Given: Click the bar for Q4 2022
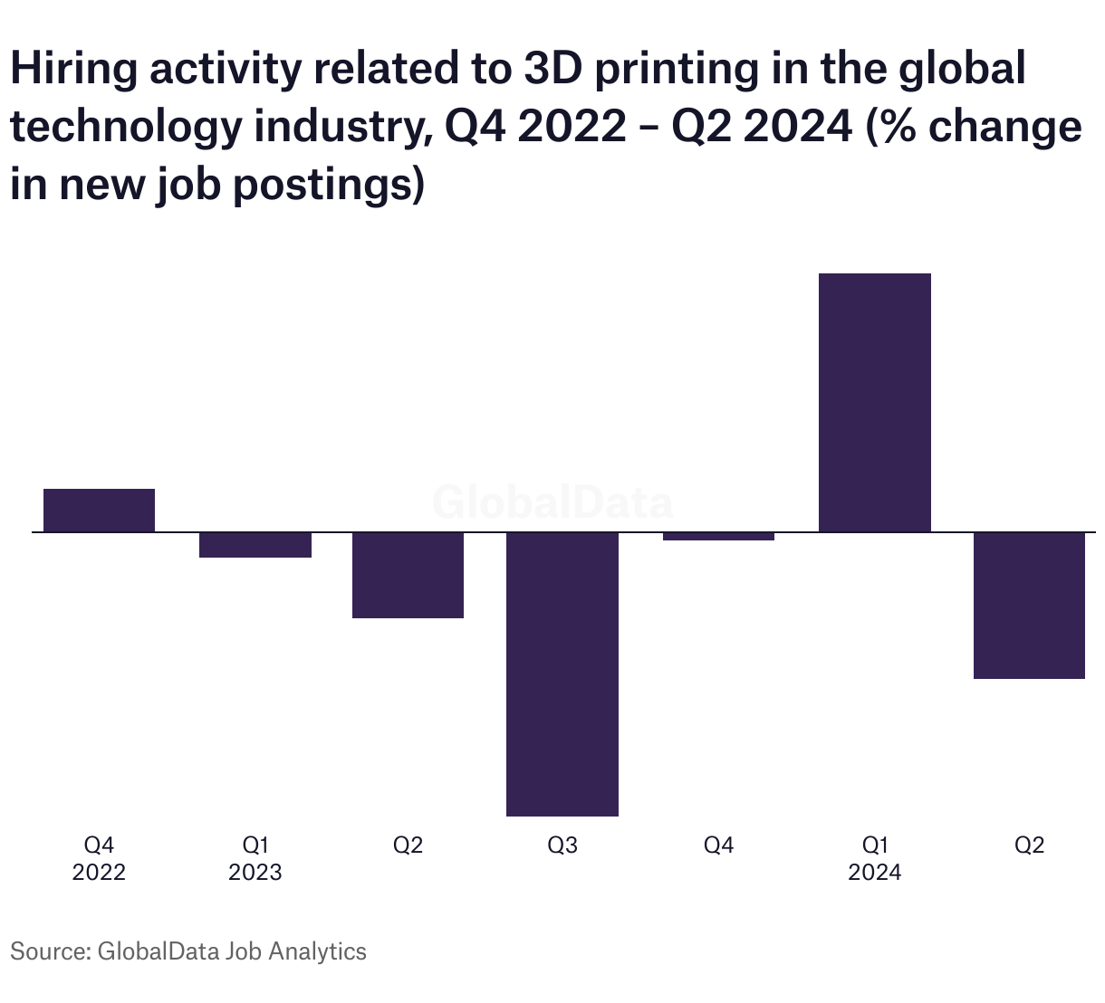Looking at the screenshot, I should (x=100, y=510).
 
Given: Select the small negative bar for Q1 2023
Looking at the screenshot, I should (x=255, y=545).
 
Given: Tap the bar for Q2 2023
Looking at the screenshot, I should (x=408, y=575).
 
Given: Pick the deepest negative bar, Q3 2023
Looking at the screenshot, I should (x=562, y=674).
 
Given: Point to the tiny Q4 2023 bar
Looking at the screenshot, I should (x=718, y=537).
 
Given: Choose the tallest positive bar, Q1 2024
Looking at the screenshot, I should (x=874, y=403).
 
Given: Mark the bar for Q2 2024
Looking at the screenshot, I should (x=1029, y=605).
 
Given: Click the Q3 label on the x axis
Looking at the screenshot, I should (x=562, y=845).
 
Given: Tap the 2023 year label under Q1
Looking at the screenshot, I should (x=255, y=873).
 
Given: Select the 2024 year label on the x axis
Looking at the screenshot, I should (x=874, y=873).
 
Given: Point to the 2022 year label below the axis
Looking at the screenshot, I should (x=99, y=873).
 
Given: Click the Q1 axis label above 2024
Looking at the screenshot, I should (x=875, y=845).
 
